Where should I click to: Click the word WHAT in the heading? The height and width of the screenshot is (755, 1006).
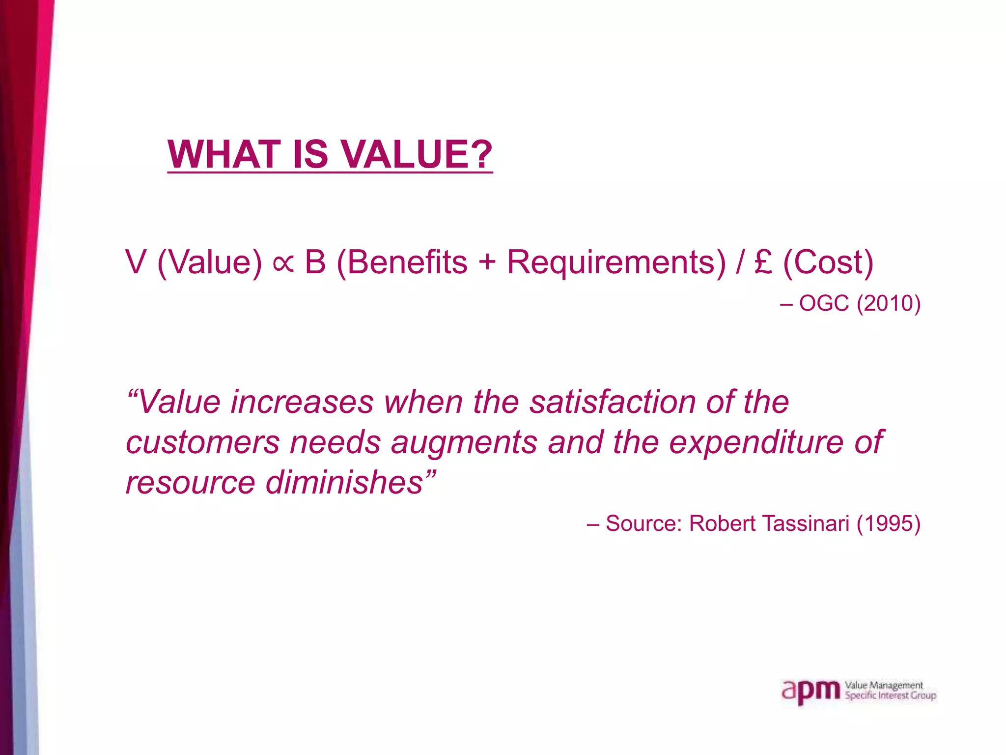coord(224,154)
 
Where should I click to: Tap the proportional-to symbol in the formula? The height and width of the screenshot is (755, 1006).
coord(283,263)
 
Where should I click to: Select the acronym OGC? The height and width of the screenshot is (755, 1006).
coord(824,303)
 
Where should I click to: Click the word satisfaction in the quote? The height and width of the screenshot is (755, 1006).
coord(612,402)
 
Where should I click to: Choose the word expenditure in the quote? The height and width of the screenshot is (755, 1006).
coord(756,442)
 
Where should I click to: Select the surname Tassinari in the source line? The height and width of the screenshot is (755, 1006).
coord(806,523)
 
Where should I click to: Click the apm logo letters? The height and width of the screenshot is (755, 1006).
coord(811,691)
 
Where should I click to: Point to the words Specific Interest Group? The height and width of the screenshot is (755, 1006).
coord(890,696)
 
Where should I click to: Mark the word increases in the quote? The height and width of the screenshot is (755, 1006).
coord(302,402)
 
